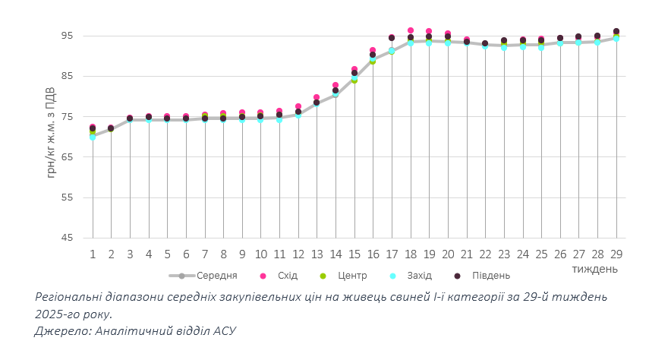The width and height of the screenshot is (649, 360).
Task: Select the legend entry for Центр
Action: (x=351, y=275)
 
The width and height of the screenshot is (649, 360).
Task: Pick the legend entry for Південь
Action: (x=491, y=275)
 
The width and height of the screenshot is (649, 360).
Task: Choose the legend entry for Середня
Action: (x=217, y=275)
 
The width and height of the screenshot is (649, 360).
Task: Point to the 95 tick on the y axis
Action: (x=66, y=36)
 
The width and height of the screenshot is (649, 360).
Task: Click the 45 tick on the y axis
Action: (x=66, y=238)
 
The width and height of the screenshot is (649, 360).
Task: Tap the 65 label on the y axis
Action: (x=66, y=157)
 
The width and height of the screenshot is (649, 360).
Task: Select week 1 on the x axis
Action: (x=93, y=254)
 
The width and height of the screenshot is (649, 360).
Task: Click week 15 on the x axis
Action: (x=354, y=254)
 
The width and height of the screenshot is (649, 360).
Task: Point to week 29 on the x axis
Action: (x=616, y=254)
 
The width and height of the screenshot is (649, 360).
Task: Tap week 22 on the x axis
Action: (x=485, y=254)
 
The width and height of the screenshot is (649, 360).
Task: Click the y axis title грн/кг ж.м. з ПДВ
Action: (x=52, y=137)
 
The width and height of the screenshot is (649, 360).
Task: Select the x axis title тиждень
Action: (x=595, y=269)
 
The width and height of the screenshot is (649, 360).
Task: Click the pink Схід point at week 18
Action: (x=411, y=30)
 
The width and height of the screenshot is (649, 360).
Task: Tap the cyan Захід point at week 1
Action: (x=93, y=137)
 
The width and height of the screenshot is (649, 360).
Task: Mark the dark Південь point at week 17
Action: (x=392, y=37)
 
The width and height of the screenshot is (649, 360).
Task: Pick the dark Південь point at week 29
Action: (x=616, y=31)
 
